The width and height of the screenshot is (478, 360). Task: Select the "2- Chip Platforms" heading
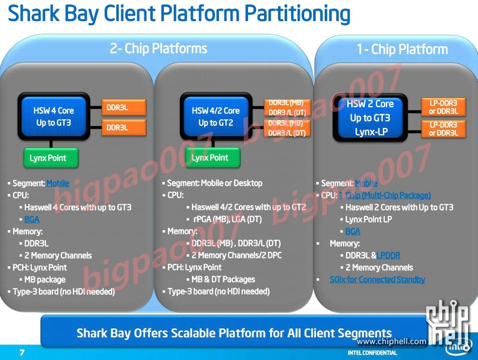click(158, 49)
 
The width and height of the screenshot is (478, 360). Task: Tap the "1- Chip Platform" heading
click(402, 50)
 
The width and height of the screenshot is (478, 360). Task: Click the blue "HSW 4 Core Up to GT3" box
click(54, 116)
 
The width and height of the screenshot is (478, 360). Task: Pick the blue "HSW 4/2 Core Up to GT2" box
click(215, 116)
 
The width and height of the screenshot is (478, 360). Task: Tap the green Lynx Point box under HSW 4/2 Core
click(209, 158)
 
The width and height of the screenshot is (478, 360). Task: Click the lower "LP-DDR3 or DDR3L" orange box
click(443, 129)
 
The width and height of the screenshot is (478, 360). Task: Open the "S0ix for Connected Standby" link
click(377, 280)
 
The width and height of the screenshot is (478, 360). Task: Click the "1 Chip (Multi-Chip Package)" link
click(384, 196)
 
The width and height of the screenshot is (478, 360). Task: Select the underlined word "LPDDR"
click(388, 256)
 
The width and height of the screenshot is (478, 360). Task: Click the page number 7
click(22, 352)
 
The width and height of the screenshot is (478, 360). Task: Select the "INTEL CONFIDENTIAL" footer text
click(372, 353)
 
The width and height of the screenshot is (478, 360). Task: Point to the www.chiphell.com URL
click(391, 341)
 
